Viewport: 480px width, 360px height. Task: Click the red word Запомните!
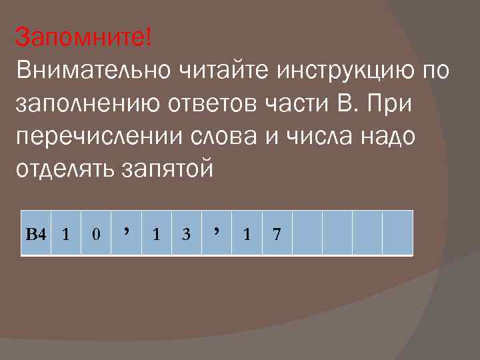(83, 37)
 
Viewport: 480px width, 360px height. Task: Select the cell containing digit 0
(97, 234)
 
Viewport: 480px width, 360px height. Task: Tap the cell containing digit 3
(187, 234)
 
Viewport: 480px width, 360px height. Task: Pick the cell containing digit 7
(277, 234)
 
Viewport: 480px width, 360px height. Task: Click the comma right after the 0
(126, 231)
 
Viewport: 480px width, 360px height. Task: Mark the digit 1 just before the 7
(247, 234)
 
